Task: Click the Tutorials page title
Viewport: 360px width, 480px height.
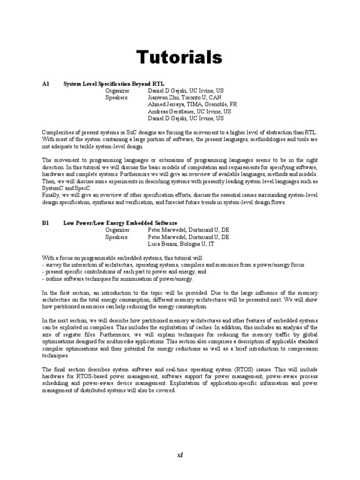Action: click(x=180, y=57)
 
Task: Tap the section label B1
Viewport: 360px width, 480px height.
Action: click(x=45, y=223)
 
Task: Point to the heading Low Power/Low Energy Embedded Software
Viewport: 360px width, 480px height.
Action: click(x=120, y=223)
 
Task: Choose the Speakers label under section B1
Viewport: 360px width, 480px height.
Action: click(x=117, y=237)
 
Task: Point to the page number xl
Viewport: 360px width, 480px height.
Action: click(x=180, y=455)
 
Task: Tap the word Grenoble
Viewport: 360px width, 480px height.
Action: click(x=213, y=105)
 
